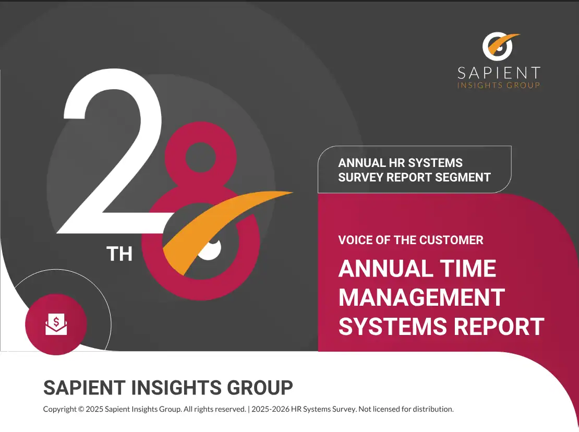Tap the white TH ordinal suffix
(x=119, y=254)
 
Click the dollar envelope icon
(x=56, y=324)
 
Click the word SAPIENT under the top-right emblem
(x=499, y=73)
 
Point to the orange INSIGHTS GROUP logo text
(x=499, y=85)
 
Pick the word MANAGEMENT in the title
(x=421, y=297)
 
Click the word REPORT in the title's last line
(x=499, y=327)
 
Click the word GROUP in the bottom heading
(x=260, y=387)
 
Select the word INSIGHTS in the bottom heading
(x=176, y=387)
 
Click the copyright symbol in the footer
(x=80, y=409)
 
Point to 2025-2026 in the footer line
(x=270, y=409)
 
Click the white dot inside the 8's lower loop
(x=210, y=248)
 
